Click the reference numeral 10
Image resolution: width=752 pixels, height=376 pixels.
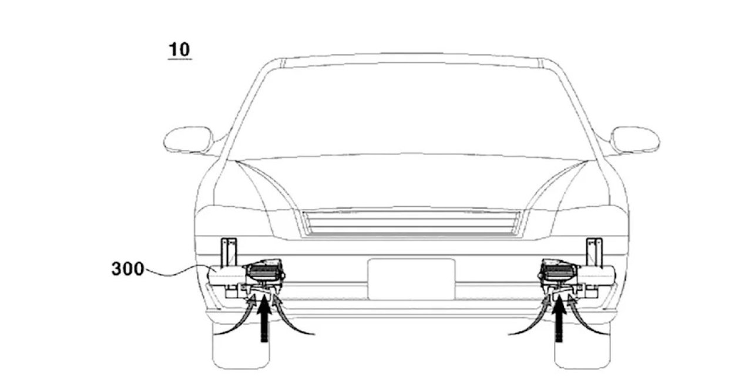pos(180,50)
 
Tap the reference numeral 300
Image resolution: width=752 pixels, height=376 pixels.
pos(127,269)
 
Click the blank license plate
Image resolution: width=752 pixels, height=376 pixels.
pos(412,279)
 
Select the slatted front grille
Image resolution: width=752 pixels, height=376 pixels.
pos(411,223)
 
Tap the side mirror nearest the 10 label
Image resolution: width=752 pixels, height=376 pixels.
pos(189,140)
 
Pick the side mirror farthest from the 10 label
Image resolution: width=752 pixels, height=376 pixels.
pos(635,140)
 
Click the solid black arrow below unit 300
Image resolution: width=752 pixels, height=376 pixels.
pos(265,319)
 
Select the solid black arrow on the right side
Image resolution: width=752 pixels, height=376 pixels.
pos(559,319)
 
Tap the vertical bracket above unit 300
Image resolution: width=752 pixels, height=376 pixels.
pos(229,252)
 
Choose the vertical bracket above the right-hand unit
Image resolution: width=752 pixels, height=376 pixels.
pos(594,252)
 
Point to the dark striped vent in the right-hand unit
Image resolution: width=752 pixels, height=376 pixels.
pos(559,272)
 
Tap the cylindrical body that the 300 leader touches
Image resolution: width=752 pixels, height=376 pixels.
pos(227,277)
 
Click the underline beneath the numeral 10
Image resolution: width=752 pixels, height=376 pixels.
pos(180,59)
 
